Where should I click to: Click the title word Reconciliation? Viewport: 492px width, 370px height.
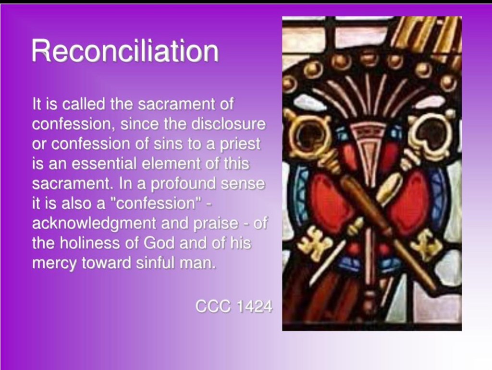pyautogui.click(x=125, y=51)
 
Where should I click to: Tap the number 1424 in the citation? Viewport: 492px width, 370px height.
pyautogui.click(x=254, y=306)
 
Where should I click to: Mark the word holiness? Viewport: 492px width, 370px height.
pyautogui.click(x=90, y=243)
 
